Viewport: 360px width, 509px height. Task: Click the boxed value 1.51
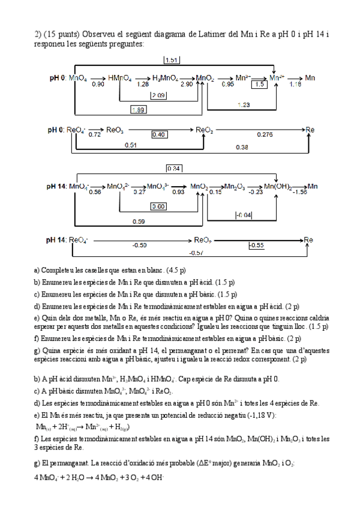coord(171,60)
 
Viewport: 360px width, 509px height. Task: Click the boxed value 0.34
coord(174,168)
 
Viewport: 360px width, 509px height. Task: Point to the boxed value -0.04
coord(244,215)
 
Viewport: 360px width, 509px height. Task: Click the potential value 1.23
coord(244,104)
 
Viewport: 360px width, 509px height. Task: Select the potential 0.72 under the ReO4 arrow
coord(94,134)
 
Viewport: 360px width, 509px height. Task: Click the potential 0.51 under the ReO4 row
coord(130,145)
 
